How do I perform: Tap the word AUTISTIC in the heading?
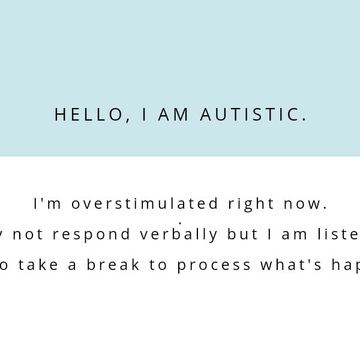pos(253,115)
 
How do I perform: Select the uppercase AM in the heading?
pos(174,115)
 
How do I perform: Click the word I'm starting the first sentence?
pos(48,204)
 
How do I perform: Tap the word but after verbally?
pos(242,235)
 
